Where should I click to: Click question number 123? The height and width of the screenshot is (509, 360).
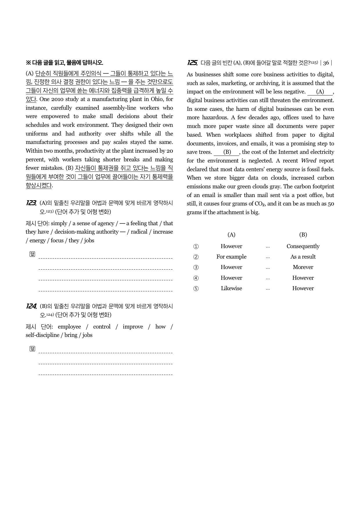point(31,203)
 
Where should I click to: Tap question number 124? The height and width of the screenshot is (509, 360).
point(31,306)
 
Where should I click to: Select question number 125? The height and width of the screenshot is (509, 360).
point(192,63)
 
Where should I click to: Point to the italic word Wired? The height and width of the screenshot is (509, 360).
point(308,161)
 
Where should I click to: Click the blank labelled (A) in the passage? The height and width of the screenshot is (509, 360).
point(320,92)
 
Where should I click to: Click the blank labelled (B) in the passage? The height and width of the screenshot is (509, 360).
point(227,152)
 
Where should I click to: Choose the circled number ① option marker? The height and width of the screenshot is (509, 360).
point(196,246)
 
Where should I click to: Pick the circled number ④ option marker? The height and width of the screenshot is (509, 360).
point(196,278)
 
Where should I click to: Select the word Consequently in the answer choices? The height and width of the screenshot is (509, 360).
point(303,246)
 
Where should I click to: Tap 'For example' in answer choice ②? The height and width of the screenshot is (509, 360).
point(231,257)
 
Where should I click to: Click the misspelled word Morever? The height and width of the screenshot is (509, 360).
point(303,267)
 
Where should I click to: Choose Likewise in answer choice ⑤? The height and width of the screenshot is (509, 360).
point(231,288)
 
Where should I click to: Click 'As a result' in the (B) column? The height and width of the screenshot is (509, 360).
point(303,257)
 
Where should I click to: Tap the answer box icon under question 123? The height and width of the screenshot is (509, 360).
point(32,254)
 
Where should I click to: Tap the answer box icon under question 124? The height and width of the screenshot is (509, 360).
point(32,349)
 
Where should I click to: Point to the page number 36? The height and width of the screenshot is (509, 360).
point(326,63)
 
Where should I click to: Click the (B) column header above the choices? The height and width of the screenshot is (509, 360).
point(303,235)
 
